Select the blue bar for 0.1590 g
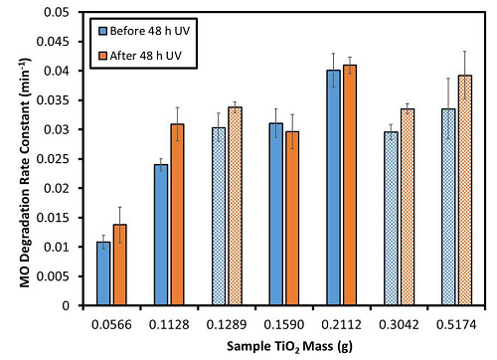275,214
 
